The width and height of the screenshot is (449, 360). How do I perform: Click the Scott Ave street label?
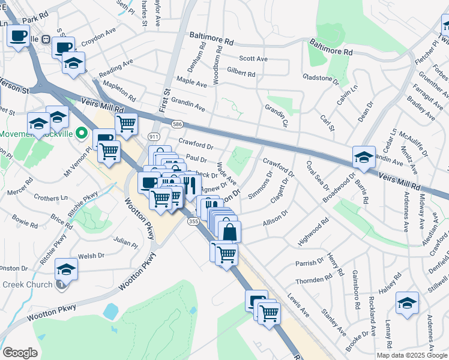(x=253, y=59)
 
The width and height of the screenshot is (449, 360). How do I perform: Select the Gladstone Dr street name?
(x=321, y=79)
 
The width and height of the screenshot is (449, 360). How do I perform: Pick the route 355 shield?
(x=193, y=221)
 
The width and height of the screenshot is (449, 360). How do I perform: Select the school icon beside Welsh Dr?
(x=67, y=268)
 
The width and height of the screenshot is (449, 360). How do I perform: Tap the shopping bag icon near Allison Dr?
(x=231, y=231)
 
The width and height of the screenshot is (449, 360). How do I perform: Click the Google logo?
(x=20, y=353)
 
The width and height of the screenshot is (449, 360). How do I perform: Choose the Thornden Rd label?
(x=313, y=280)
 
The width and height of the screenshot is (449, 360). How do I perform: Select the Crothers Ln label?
(x=51, y=197)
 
